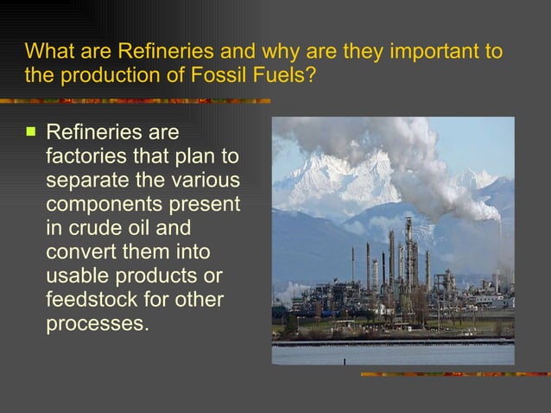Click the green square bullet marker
pyautogui.click(x=32, y=133)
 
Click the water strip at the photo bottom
pyautogui.click(x=393, y=353)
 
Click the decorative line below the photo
pyautogui.click(x=454, y=373)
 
